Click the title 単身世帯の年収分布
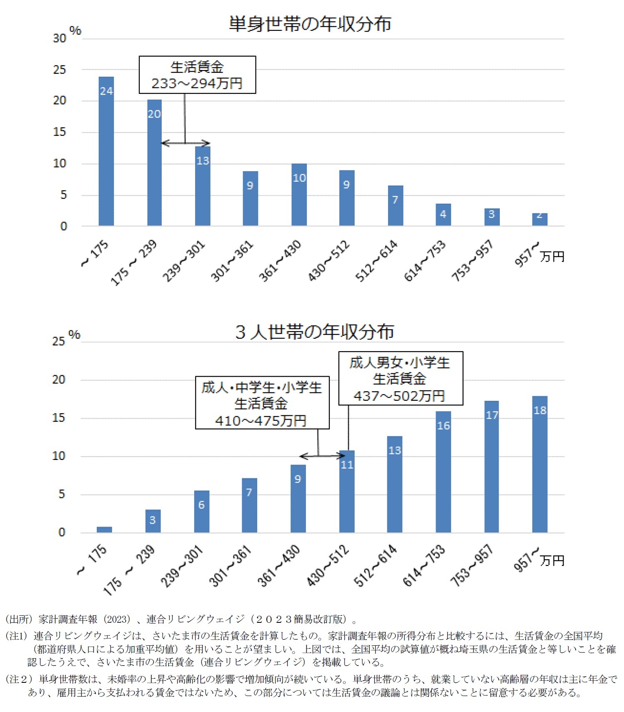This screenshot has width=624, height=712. [310, 24]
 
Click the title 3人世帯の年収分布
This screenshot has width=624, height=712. [315, 332]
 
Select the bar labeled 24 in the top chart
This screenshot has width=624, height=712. [106, 151]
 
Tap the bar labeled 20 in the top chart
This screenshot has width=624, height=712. [154, 162]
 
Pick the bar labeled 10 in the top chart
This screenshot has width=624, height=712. [299, 195]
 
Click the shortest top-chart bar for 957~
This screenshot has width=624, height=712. [539, 220]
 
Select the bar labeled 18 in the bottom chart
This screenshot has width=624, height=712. [539, 464]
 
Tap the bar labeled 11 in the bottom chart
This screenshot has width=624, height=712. [346, 492]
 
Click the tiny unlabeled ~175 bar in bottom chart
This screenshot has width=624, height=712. [104, 530]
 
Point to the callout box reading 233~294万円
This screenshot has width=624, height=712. [197, 75]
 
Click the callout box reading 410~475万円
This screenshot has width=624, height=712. [262, 403]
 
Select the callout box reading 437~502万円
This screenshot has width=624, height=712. [400, 378]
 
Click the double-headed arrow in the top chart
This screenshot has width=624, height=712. [185, 143]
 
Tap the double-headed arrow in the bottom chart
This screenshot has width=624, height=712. [322, 456]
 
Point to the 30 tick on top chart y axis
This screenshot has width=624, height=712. [60, 38]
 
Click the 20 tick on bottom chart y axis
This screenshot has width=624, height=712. [59, 380]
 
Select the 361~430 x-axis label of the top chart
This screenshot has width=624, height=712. [280, 261]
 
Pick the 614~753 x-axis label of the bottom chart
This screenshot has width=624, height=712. [424, 565]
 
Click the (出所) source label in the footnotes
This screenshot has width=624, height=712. [18, 620]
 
